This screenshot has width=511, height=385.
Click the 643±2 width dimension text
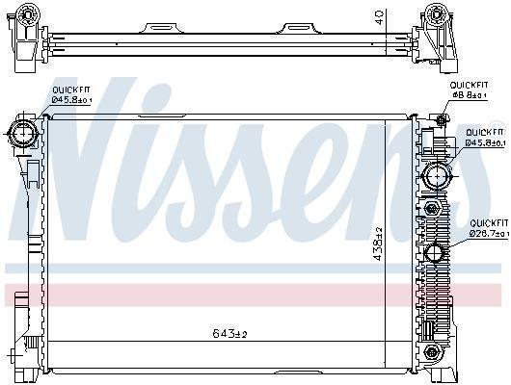point(229,334)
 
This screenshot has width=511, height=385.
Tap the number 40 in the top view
point(378,16)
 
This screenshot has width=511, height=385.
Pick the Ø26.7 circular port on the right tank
point(436,255)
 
